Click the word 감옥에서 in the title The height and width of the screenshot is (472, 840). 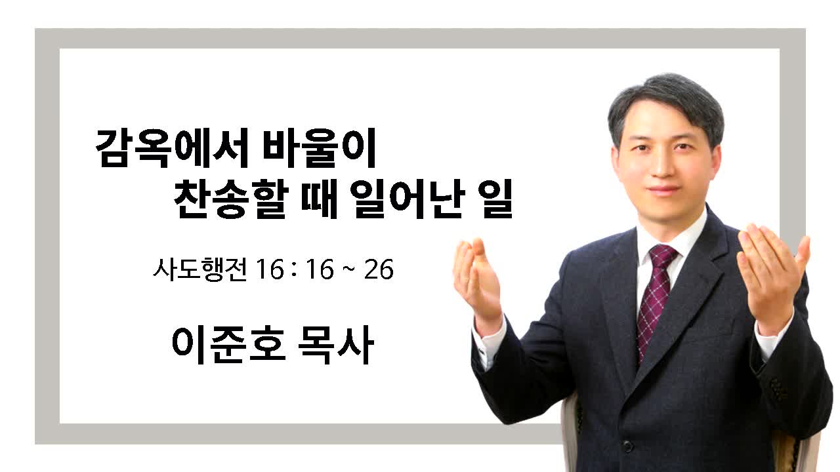tap(172, 147)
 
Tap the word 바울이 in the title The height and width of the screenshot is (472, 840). tap(319, 147)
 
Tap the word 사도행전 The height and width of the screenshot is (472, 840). tap(200, 269)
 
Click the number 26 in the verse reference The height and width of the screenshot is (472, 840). tap(379, 269)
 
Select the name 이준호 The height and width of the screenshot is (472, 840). tap(229, 345)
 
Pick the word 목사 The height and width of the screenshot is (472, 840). tap(336, 345)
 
